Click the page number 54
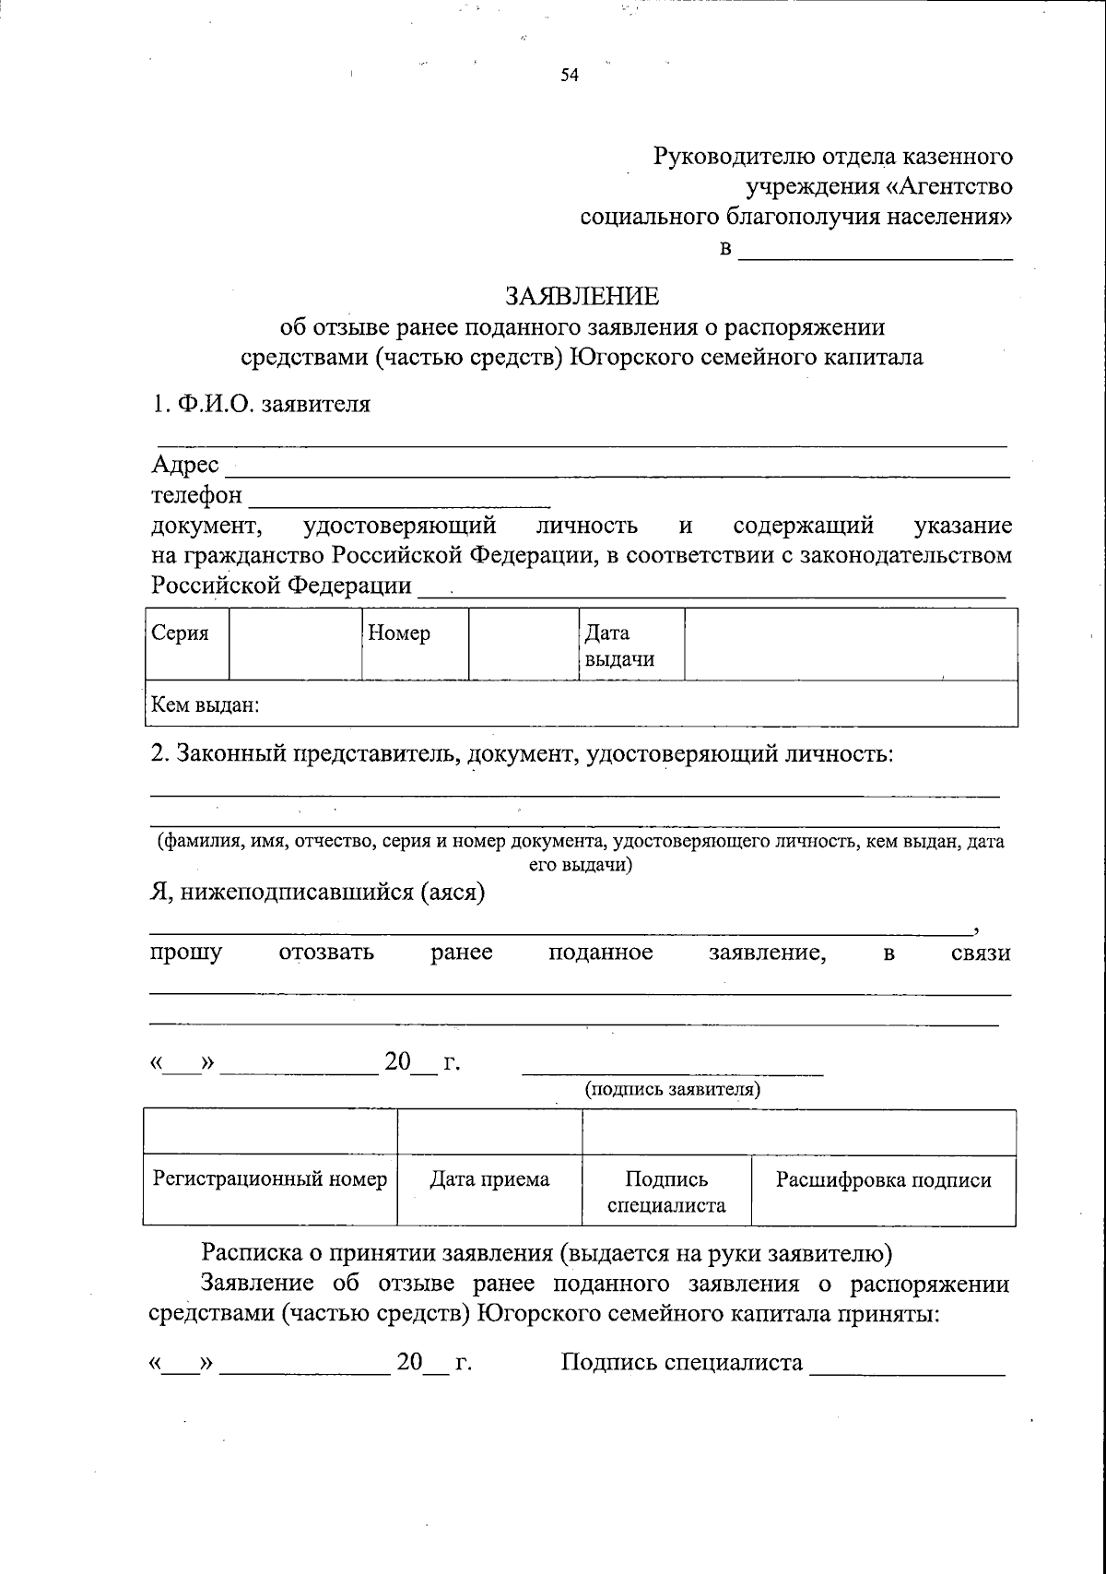[569, 77]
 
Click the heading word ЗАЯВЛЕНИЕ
[582, 296]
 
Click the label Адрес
[185, 465]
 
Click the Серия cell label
[181, 633]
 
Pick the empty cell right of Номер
[523, 644]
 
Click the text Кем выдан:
[206, 706]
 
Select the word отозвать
[326, 953]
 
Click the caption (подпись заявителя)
[673, 1090]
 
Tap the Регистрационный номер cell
[269, 1179]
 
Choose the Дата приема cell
[489, 1179]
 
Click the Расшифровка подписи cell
[883, 1180]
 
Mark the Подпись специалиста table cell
[666, 1191]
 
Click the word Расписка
[252, 1253]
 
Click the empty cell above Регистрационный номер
[269, 1131]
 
